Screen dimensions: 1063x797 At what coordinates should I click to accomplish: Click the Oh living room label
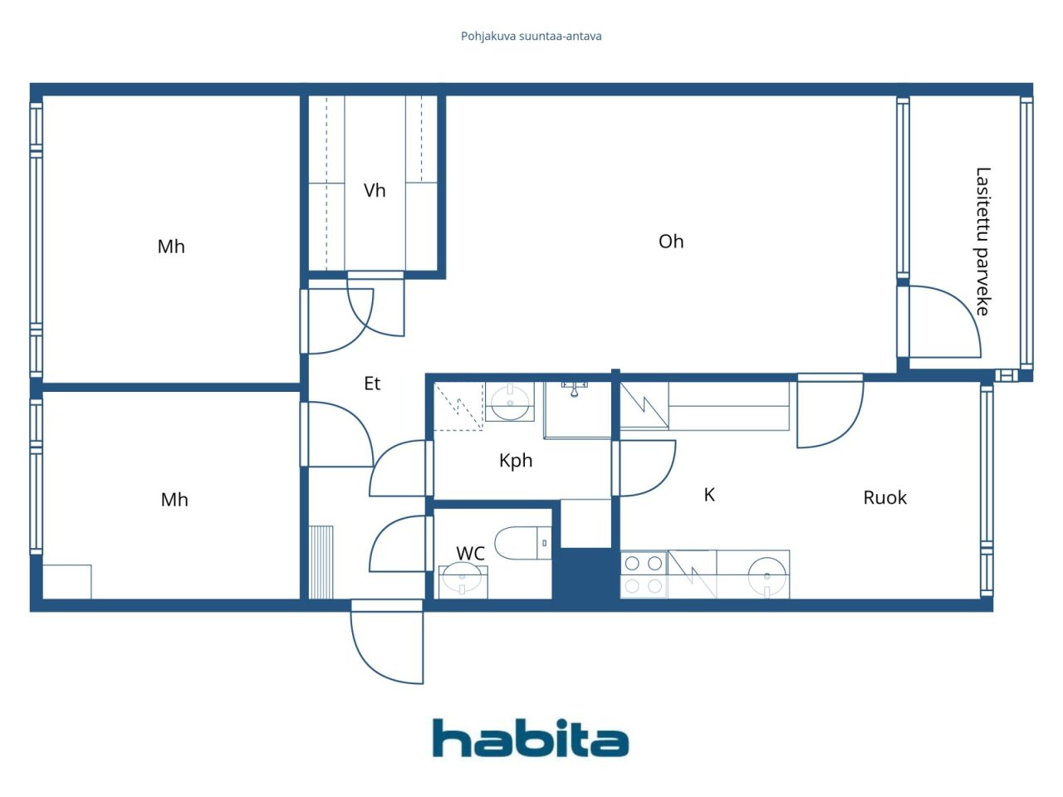[671, 241]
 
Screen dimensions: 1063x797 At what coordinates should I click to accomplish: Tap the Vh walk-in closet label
[375, 190]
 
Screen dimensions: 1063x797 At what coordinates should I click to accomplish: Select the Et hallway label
[372, 384]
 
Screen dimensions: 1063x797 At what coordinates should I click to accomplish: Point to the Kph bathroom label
[516, 461]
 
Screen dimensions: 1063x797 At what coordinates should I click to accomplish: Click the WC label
[470, 553]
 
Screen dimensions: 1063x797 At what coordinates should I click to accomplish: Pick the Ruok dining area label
[884, 497]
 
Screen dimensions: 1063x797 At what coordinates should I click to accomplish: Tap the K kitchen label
[709, 495]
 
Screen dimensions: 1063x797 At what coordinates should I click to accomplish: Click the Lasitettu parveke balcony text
[983, 242]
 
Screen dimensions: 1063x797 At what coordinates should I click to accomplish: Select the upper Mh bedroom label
[171, 247]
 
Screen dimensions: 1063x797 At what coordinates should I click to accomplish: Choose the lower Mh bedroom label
[174, 500]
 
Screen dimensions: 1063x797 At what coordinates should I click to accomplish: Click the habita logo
[531, 737]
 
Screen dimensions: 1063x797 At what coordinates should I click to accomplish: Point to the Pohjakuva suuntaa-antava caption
[531, 37]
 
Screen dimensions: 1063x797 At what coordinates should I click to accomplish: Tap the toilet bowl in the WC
[523, 542]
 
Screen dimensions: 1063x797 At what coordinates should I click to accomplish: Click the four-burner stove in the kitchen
[644, 575]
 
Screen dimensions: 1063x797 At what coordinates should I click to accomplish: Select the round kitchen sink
[767, 576]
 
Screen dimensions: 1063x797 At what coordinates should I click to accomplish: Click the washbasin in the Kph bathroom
[510, 402]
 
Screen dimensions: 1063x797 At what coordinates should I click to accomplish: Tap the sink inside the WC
[463, 579]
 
